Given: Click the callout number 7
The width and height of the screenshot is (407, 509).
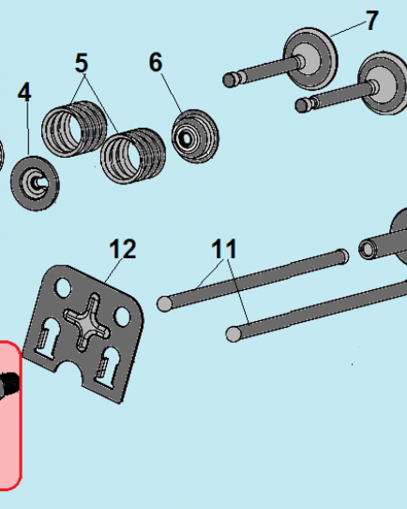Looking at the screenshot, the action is (372, 20).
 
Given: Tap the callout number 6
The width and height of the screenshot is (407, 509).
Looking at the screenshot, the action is (156, 62).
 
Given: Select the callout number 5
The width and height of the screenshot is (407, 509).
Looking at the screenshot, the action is (81, 63).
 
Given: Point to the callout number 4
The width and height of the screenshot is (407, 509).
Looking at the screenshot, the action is (24, 92).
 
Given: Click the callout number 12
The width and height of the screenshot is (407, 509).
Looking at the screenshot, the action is (123, 249).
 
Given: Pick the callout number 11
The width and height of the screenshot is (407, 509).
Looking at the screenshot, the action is (224, 249).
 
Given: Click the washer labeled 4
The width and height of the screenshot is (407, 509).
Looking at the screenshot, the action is (35, 183).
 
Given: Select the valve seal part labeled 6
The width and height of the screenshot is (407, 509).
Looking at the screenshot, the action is (195, 136).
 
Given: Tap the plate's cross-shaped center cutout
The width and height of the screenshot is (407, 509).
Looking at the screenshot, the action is (88, 322).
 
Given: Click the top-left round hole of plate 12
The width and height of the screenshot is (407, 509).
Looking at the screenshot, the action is (63, 288).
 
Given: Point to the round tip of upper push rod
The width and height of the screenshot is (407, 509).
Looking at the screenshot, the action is (164, 304).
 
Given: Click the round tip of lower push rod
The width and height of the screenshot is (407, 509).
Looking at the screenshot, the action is (234, 334).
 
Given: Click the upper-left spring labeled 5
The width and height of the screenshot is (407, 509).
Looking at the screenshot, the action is (74, 129).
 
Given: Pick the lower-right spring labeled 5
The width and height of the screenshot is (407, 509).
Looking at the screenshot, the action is (133, 156).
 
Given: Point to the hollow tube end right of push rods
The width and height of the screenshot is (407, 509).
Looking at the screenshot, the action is (367, 249).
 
